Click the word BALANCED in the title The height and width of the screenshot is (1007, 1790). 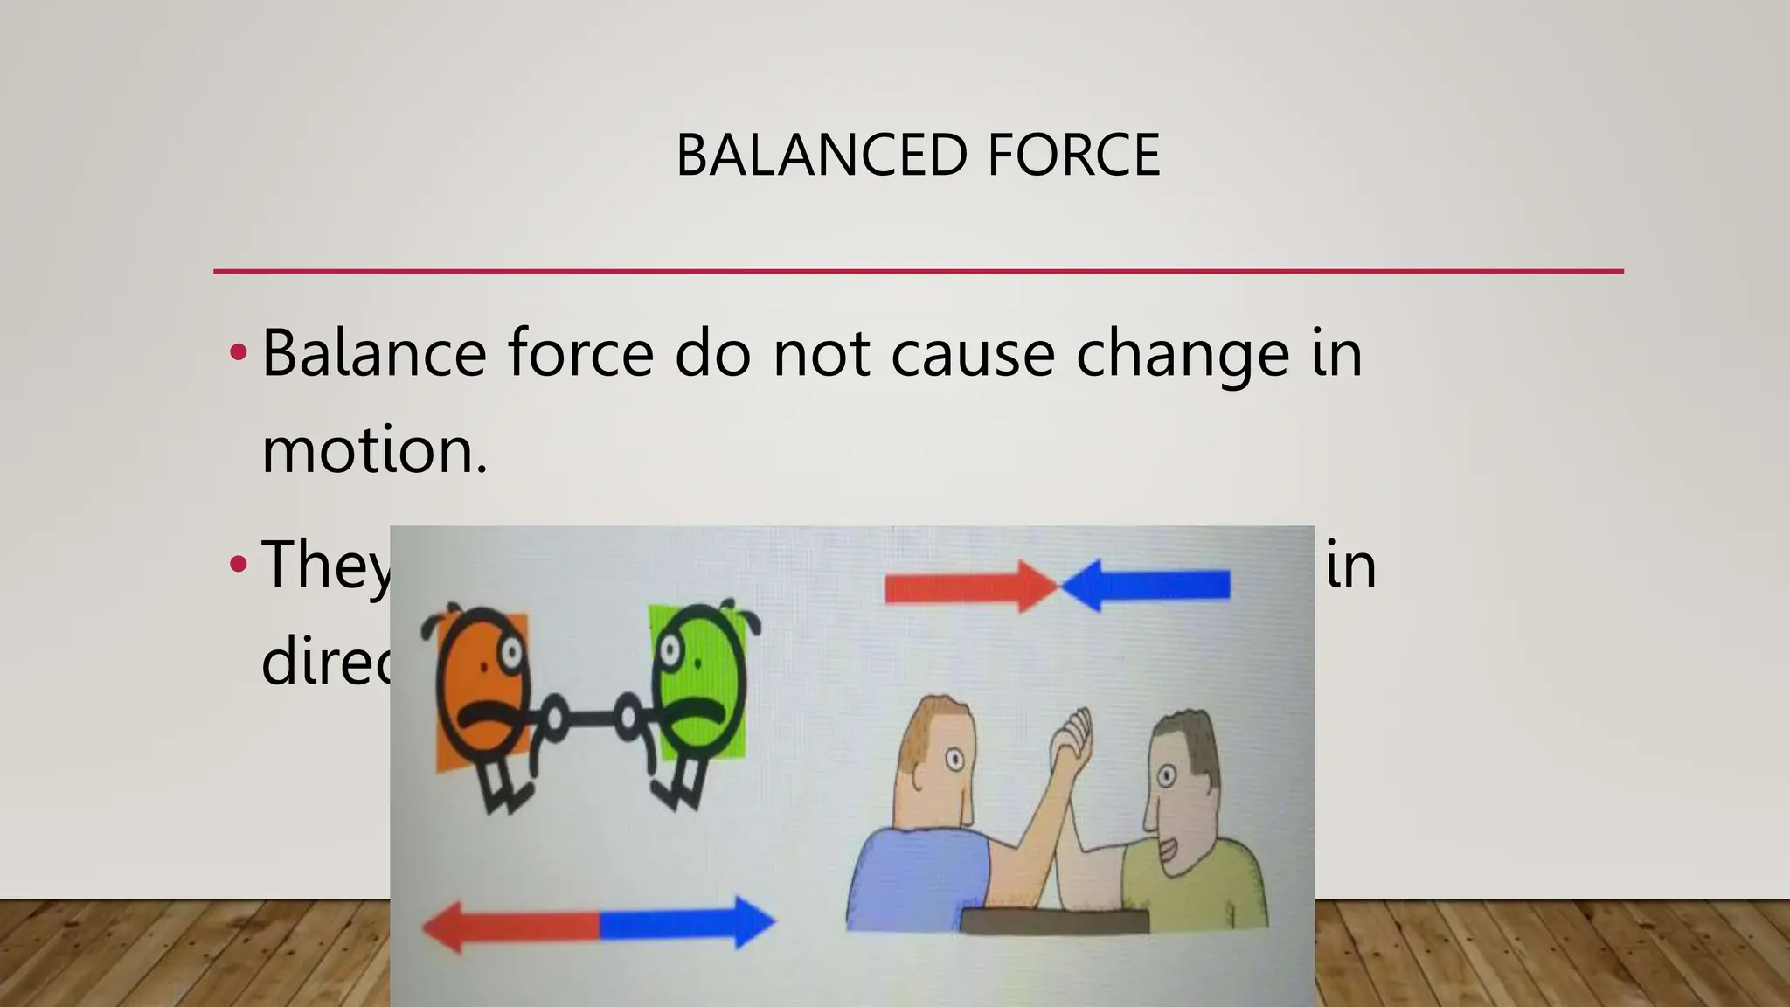tap(821, 156)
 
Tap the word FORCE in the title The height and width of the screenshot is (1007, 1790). tap(1073, 156)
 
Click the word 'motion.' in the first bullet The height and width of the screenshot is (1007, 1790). tap(374, 450)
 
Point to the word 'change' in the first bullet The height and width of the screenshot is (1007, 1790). tap(1183, 353)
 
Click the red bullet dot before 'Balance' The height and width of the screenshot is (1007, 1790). tap(238, 353)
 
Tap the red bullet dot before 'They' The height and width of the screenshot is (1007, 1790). tap(238, 565)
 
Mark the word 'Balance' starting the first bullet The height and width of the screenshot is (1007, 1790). tap(374, 353)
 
